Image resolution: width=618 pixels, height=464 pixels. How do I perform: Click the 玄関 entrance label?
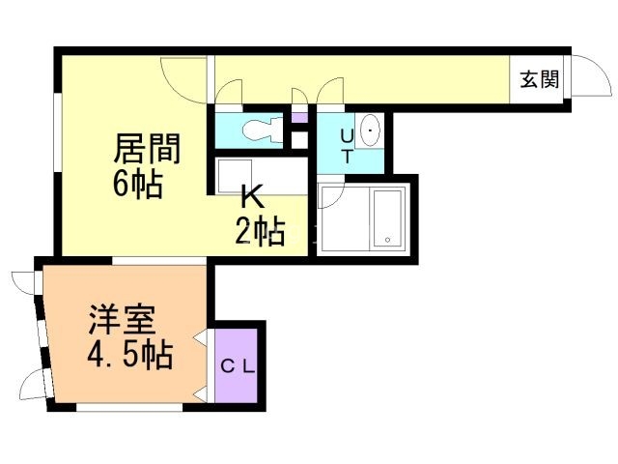coord(539,81)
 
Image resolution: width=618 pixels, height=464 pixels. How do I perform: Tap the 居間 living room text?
coord(147,149)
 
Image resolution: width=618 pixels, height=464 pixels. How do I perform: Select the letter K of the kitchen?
coord(252,197)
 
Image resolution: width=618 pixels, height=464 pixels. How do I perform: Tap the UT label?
coord(347,145)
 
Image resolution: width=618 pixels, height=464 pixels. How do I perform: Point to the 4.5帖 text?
coord(129,356)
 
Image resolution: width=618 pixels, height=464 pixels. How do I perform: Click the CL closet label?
coord(237,366)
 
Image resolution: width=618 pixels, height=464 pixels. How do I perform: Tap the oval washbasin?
coord(371,129)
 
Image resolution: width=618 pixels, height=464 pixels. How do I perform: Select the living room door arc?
coord(183,77)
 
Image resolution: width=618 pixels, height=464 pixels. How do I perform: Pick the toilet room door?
coord(229,93)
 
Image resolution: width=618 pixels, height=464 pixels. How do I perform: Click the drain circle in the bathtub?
coord(387,239)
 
